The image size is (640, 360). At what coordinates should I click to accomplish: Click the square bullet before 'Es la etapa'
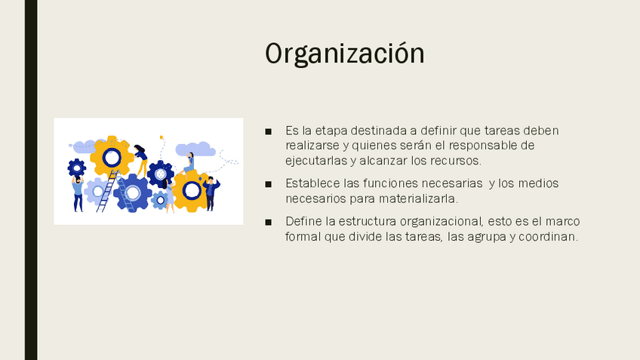coord(268,131)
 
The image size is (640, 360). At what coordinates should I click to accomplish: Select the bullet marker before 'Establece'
coord(268,184)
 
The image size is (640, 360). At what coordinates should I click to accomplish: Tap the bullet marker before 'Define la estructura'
coord(268,222)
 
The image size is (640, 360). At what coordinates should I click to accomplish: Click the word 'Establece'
coord(312,183)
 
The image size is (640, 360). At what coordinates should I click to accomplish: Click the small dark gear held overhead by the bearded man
coord(77,168)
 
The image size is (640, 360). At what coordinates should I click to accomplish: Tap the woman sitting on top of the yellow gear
coord(189,163)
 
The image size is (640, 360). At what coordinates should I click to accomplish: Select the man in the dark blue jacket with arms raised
coord(211,193)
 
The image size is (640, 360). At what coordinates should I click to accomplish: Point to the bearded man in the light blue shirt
coord(78,193)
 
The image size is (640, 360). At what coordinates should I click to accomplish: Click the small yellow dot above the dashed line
coord(162,137)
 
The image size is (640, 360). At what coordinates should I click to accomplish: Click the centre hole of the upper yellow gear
coord(112,158)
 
